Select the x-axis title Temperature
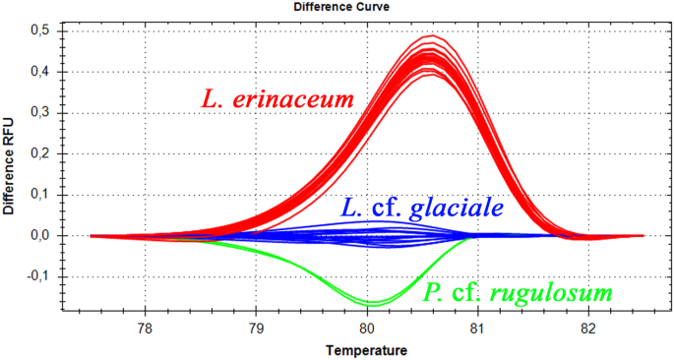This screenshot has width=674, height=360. (x=366, y=349)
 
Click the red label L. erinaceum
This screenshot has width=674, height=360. (x=278, y=99)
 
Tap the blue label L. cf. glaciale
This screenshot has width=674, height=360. (x=423, y=208)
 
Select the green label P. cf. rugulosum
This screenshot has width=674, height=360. (x=519, y=292)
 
